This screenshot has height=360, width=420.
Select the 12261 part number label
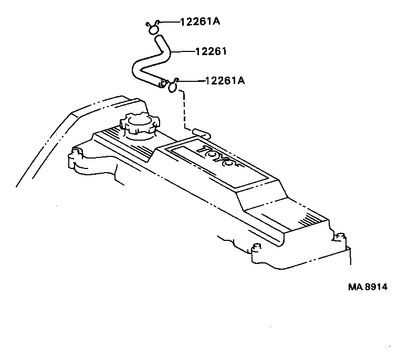pyautogui.click(x=211, y=51)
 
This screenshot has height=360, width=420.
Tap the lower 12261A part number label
pyautogui.click(x=224, y=80)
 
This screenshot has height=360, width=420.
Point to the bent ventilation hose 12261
pyautogui.click(x=152, y=61)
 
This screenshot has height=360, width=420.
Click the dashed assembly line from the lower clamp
pyautogui.click(x=184, y=108)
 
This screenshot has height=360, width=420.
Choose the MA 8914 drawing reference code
pyautogui.click(x=370, y=288)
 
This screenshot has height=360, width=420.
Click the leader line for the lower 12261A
pyautogui.click(x=191, y=81)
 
